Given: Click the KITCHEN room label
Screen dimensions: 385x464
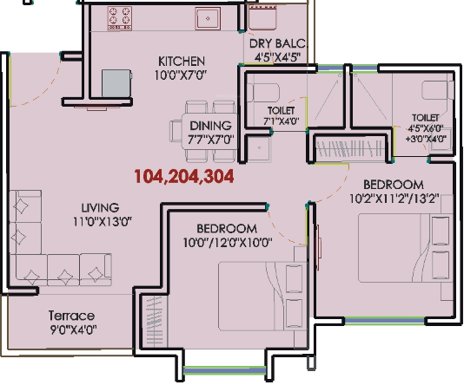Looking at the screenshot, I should [181, 61].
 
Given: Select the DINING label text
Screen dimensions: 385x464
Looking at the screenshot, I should [211, 125].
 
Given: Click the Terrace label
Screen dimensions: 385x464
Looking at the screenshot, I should [71, 315].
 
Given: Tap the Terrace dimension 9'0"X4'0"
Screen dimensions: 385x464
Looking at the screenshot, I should [73, 330].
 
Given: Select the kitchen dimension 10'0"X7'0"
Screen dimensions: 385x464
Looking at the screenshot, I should [181, 75].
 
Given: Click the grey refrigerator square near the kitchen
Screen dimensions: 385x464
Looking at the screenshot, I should [115, 83].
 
